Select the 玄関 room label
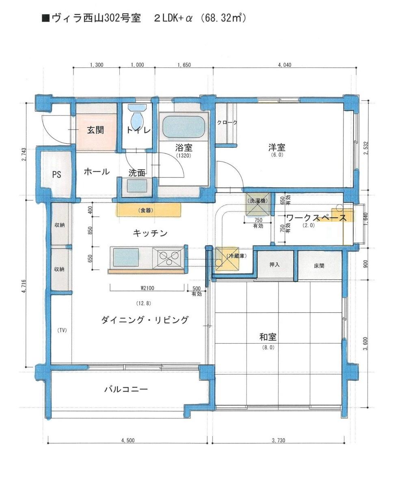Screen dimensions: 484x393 click(95, 130)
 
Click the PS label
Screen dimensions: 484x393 click(56, 175)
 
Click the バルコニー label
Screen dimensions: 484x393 click(126, 389)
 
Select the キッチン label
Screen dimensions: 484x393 click(150, 233)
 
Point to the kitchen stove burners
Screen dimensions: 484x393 click(170, 257)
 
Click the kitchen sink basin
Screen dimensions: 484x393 click(125, 257)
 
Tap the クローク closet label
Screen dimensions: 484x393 click(227, 122)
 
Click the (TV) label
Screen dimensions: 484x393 click(62, 330)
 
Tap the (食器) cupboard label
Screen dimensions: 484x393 click(147, 210)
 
